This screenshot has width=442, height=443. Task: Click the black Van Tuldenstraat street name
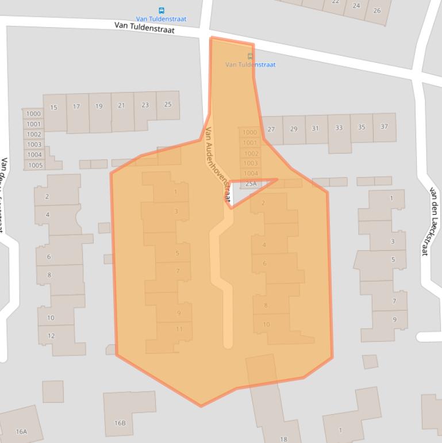144,27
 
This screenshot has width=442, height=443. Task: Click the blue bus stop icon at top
161,10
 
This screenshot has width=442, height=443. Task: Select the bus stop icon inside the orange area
250,56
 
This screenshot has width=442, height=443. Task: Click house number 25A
251,184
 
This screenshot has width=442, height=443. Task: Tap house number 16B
120,423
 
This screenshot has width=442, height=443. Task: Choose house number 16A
21,431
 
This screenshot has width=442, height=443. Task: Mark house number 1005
35,165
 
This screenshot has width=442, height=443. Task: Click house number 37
384,127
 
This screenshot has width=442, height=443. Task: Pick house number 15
53,107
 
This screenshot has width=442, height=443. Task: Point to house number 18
283,439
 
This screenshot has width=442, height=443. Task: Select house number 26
376,10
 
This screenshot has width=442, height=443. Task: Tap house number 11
179,329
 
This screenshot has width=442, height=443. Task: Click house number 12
51,335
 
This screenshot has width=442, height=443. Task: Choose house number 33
339,128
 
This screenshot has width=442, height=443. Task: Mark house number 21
121,105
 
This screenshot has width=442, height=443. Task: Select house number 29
294,128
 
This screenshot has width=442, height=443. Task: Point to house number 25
168,104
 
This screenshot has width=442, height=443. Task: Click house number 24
356,6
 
